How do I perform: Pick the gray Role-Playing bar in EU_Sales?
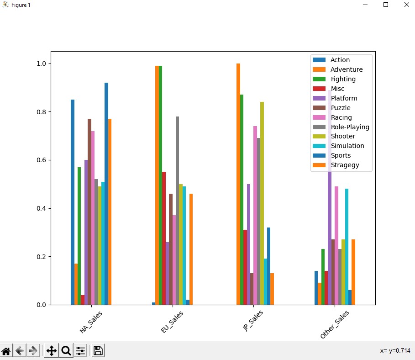(x=177, y=211)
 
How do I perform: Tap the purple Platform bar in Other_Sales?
(x=330, y=206)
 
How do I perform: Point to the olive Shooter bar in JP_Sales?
(x=262, y=203)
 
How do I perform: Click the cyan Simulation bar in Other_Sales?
(x=347, y=247)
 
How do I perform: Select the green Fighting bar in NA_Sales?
(x=79, y=236)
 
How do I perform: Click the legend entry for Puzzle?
(x=341, y=108)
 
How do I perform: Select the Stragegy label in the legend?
(x=345, y=165)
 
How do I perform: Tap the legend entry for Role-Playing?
(x=350, y=127)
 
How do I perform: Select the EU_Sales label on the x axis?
(x=173, y=322)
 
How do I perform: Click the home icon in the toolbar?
(x=6, y=351)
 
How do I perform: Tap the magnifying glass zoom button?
(x=66, y=351)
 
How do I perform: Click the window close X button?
(x=406, y=5)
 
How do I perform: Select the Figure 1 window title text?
(x=21, y=5)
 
